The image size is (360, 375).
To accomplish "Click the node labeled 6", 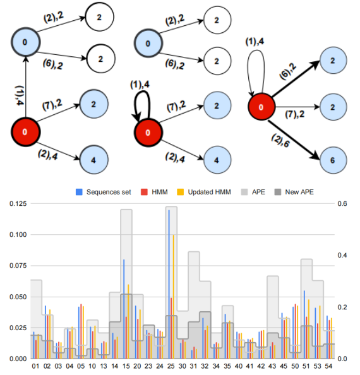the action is [x=333, y=160].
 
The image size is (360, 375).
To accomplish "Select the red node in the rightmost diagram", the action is [x=261, y=107].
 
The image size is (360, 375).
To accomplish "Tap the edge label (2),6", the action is [x=280, y=141].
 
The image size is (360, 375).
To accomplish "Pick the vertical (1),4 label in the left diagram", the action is [x=20, y=95].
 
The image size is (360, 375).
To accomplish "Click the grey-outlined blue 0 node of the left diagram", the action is [x=26, y=42].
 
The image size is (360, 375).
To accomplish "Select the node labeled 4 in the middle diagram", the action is [x=217, y=160].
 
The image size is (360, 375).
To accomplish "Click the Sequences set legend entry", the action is [x=104, y=192].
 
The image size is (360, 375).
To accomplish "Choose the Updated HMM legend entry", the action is [x=204, y=192].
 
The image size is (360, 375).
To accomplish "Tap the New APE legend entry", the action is [x=294, y=192].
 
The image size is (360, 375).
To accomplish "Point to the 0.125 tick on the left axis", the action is [x=18, y=204].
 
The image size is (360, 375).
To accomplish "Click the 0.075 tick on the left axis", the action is [x=18, y=266].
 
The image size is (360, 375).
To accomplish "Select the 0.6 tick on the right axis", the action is [x=342, y=204].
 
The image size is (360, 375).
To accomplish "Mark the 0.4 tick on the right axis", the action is [x=342, y=256].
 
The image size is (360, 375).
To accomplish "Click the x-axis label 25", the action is [x=171, y=366].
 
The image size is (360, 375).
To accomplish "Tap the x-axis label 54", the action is [x=328, y=366].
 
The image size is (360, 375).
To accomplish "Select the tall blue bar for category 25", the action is [x=169, y=284].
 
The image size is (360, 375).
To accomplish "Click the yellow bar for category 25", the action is [x=174, y=297].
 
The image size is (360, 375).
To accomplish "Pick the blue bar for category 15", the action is [x=124, y=309].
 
